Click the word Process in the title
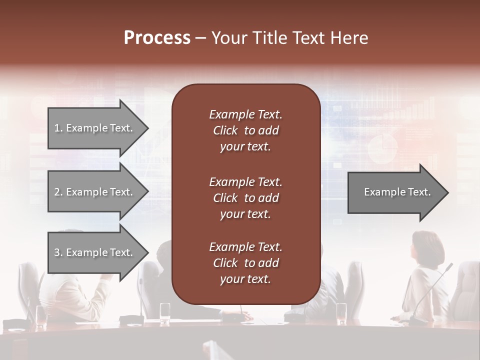157,38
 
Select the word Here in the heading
348,38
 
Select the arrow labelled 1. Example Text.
97,128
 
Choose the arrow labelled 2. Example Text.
97,192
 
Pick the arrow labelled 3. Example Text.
97,252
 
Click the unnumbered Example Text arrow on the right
397,192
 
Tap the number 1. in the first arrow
58,128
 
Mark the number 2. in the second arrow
58,192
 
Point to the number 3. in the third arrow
58,252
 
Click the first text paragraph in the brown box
245,130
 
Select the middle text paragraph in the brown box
245,198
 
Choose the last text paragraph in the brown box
245,263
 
